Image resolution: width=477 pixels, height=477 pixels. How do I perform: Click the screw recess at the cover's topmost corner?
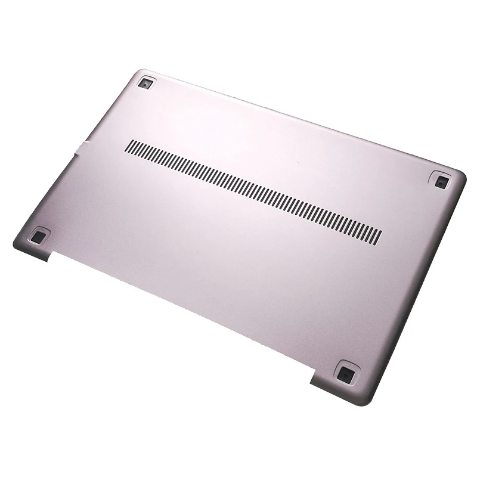pos(144,83)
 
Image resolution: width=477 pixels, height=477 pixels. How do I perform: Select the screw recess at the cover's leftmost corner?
pos(38,237)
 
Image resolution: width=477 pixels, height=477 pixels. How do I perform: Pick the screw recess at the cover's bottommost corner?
pos(345,374)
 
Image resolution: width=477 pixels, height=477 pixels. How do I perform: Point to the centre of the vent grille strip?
pos(254,191)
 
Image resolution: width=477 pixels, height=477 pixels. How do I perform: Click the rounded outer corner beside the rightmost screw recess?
pos(461,174)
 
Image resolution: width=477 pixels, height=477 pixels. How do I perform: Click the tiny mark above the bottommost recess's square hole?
pos(349,364)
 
